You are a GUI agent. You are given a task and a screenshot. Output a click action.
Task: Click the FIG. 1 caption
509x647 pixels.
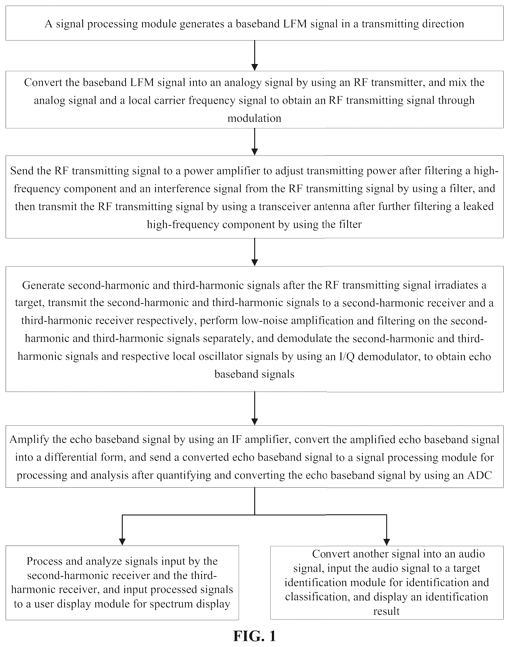pyautogui.click(x=255, y=636)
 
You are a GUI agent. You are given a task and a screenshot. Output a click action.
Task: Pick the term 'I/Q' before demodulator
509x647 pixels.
pyautogui.click(x=347, y=357)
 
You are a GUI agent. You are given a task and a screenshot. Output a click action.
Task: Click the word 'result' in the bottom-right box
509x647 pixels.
pyautogui.click(x=386, y=611)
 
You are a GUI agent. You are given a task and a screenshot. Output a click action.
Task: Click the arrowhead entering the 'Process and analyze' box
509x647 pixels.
pyautogui.click(x=122, y=542)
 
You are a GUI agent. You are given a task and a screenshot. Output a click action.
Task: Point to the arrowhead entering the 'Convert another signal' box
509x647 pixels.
pyautogui.click(x=387, y=542)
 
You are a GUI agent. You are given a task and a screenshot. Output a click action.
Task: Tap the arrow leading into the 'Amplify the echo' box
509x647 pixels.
pyautogui.click(x=255, y=408)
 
